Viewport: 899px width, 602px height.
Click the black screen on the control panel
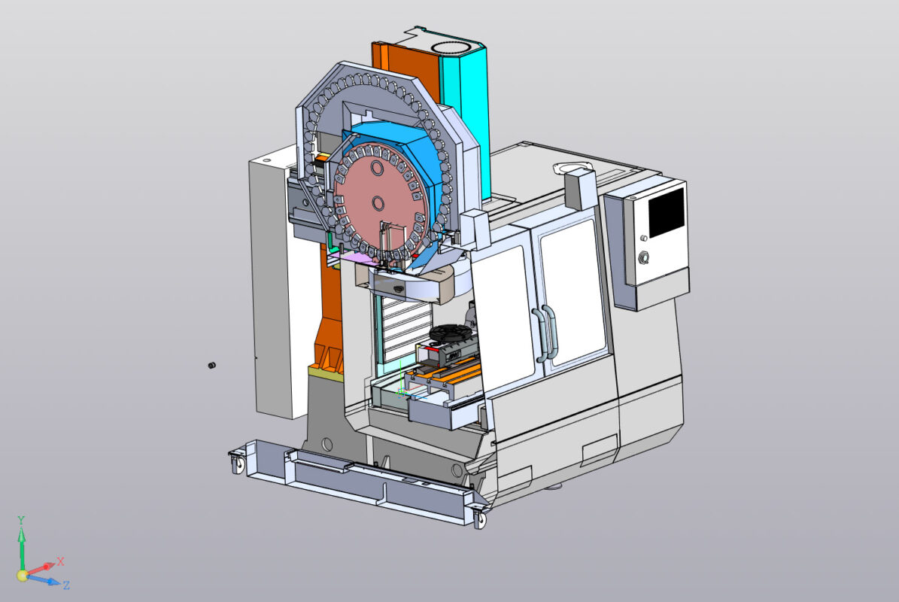pyautogui.click(x=666, y=212)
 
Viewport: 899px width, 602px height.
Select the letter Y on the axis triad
pyautogui.click(x=21, y=520)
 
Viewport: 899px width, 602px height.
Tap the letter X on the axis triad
pyautogui.click(x=61, y=561)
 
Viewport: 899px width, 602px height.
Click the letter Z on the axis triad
pyautogui.click(x=66, y=585)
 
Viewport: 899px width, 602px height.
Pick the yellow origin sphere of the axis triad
pyautogui.click(x=23, y=576)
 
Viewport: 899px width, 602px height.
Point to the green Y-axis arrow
pyautogui.click(x=22, y=546)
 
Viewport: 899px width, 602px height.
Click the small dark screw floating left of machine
pyautogui.click(x=211, y=366)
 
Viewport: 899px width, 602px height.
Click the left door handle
pyautogui.click(x=538, y=331)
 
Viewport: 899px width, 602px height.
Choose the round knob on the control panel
pyautogui.click(x=645, y=259)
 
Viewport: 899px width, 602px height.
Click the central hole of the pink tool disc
pyautogui.click(x=376, y=202)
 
